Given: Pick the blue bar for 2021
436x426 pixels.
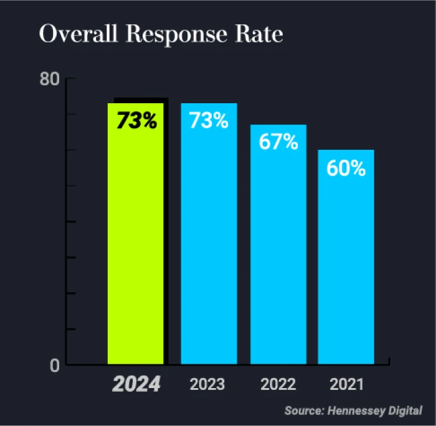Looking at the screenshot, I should coord(346,261).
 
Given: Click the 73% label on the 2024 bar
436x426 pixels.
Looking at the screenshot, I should coord(136,121).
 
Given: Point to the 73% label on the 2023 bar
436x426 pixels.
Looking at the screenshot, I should coord(209,120).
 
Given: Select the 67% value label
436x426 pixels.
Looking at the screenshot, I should coord(278,142).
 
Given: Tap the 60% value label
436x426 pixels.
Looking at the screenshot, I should coord(346,168).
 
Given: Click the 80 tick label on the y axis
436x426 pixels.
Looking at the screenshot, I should coord(50,80).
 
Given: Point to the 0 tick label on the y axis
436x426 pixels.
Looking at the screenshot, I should coord(55,366).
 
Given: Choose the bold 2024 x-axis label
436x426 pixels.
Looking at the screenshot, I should coord(136,384).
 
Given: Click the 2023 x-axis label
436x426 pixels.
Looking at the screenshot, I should coord(207,384).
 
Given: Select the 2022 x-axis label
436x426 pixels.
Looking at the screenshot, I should coord(278,384).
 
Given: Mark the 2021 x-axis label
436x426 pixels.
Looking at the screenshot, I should coord(346,384).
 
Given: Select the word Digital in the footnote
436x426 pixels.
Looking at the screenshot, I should coord(405,410).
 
